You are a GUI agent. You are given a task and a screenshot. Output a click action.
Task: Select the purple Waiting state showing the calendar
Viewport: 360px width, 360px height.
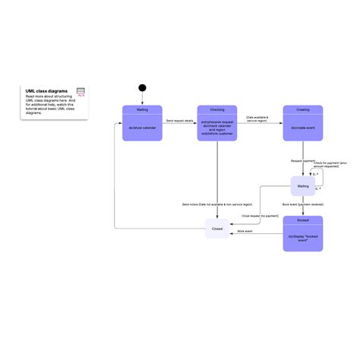(x=142, y=123)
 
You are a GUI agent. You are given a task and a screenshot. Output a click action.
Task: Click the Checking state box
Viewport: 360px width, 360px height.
(x=216, y=123)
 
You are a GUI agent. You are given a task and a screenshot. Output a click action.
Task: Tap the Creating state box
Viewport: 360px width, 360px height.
(x=302, y=123)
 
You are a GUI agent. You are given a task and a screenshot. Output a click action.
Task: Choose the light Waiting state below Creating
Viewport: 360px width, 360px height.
(x=302, y=186)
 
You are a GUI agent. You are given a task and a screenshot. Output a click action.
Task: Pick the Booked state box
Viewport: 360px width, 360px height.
(x=302, y=233)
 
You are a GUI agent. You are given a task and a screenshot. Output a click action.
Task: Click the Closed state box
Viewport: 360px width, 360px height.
(x=216, y=227)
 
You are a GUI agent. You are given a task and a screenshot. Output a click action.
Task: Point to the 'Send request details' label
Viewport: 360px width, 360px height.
(x=179, y=120)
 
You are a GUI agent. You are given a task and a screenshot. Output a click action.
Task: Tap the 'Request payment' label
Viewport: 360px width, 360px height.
(x=302, y=161)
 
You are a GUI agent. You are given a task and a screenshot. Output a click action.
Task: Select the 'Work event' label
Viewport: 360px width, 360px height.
(x=245, y=231)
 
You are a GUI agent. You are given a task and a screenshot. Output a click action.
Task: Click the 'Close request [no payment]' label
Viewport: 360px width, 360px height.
(x=260, y=216)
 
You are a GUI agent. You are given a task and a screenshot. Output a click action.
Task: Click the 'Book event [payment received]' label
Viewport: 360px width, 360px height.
(x=302, y=204)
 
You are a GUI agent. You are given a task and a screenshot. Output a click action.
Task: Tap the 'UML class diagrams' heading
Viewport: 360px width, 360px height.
(x=46, y=90)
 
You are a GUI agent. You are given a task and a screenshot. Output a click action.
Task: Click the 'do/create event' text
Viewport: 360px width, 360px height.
(x=302, y=127)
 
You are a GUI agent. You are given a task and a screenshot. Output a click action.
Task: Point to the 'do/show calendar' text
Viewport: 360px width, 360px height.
(x=142, y=127)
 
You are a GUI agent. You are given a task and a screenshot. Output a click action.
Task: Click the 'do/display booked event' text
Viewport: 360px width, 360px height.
(x=302, y=238)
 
